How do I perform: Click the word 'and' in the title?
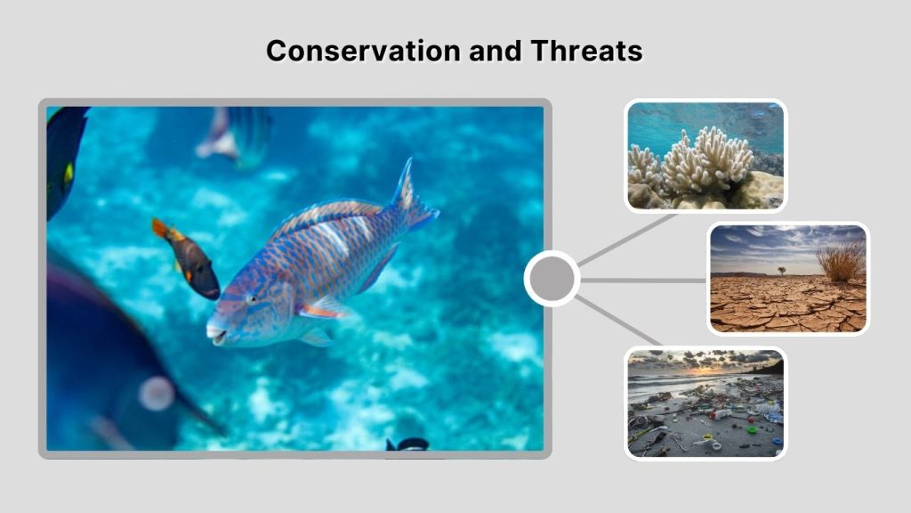pyautogui.click(x=497, y=51)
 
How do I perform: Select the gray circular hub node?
pyautogui.click(x=552, y=279)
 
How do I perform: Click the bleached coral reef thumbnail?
pyautogui.click(x=705, y=156)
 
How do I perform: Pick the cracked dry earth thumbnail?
pyautogui.click(x=787, y=279)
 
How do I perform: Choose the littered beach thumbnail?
pyautogui.click(x=705, y=403)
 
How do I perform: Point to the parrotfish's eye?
pyautogui.click(x=252, y=298)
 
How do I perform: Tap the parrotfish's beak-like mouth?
pyautogui.click(x=214, y=332)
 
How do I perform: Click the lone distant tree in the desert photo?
pyautogui.click(x=781, y=270)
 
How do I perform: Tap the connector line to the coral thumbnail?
pyautogui.click(x=627, y=240)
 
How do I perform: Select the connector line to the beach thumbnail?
pyautogui.click(x=623, y=322)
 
